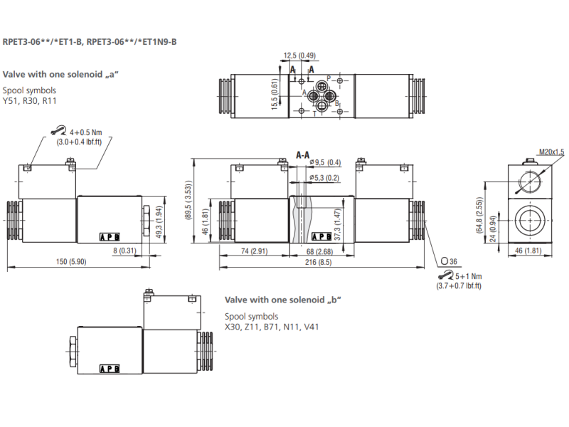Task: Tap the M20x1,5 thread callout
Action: click(x=551, y=152)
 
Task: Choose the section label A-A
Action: click(x=303, y=154)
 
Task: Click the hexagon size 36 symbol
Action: click(x=449, y=261)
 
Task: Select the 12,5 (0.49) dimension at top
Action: click(x=299, y=56)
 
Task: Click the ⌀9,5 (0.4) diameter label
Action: click(x=326, y=162)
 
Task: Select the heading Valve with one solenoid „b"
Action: click(x=283, y=300)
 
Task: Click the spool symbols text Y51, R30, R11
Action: click(x=30, y=101)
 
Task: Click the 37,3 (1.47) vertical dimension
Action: click(x=339, y=223)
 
